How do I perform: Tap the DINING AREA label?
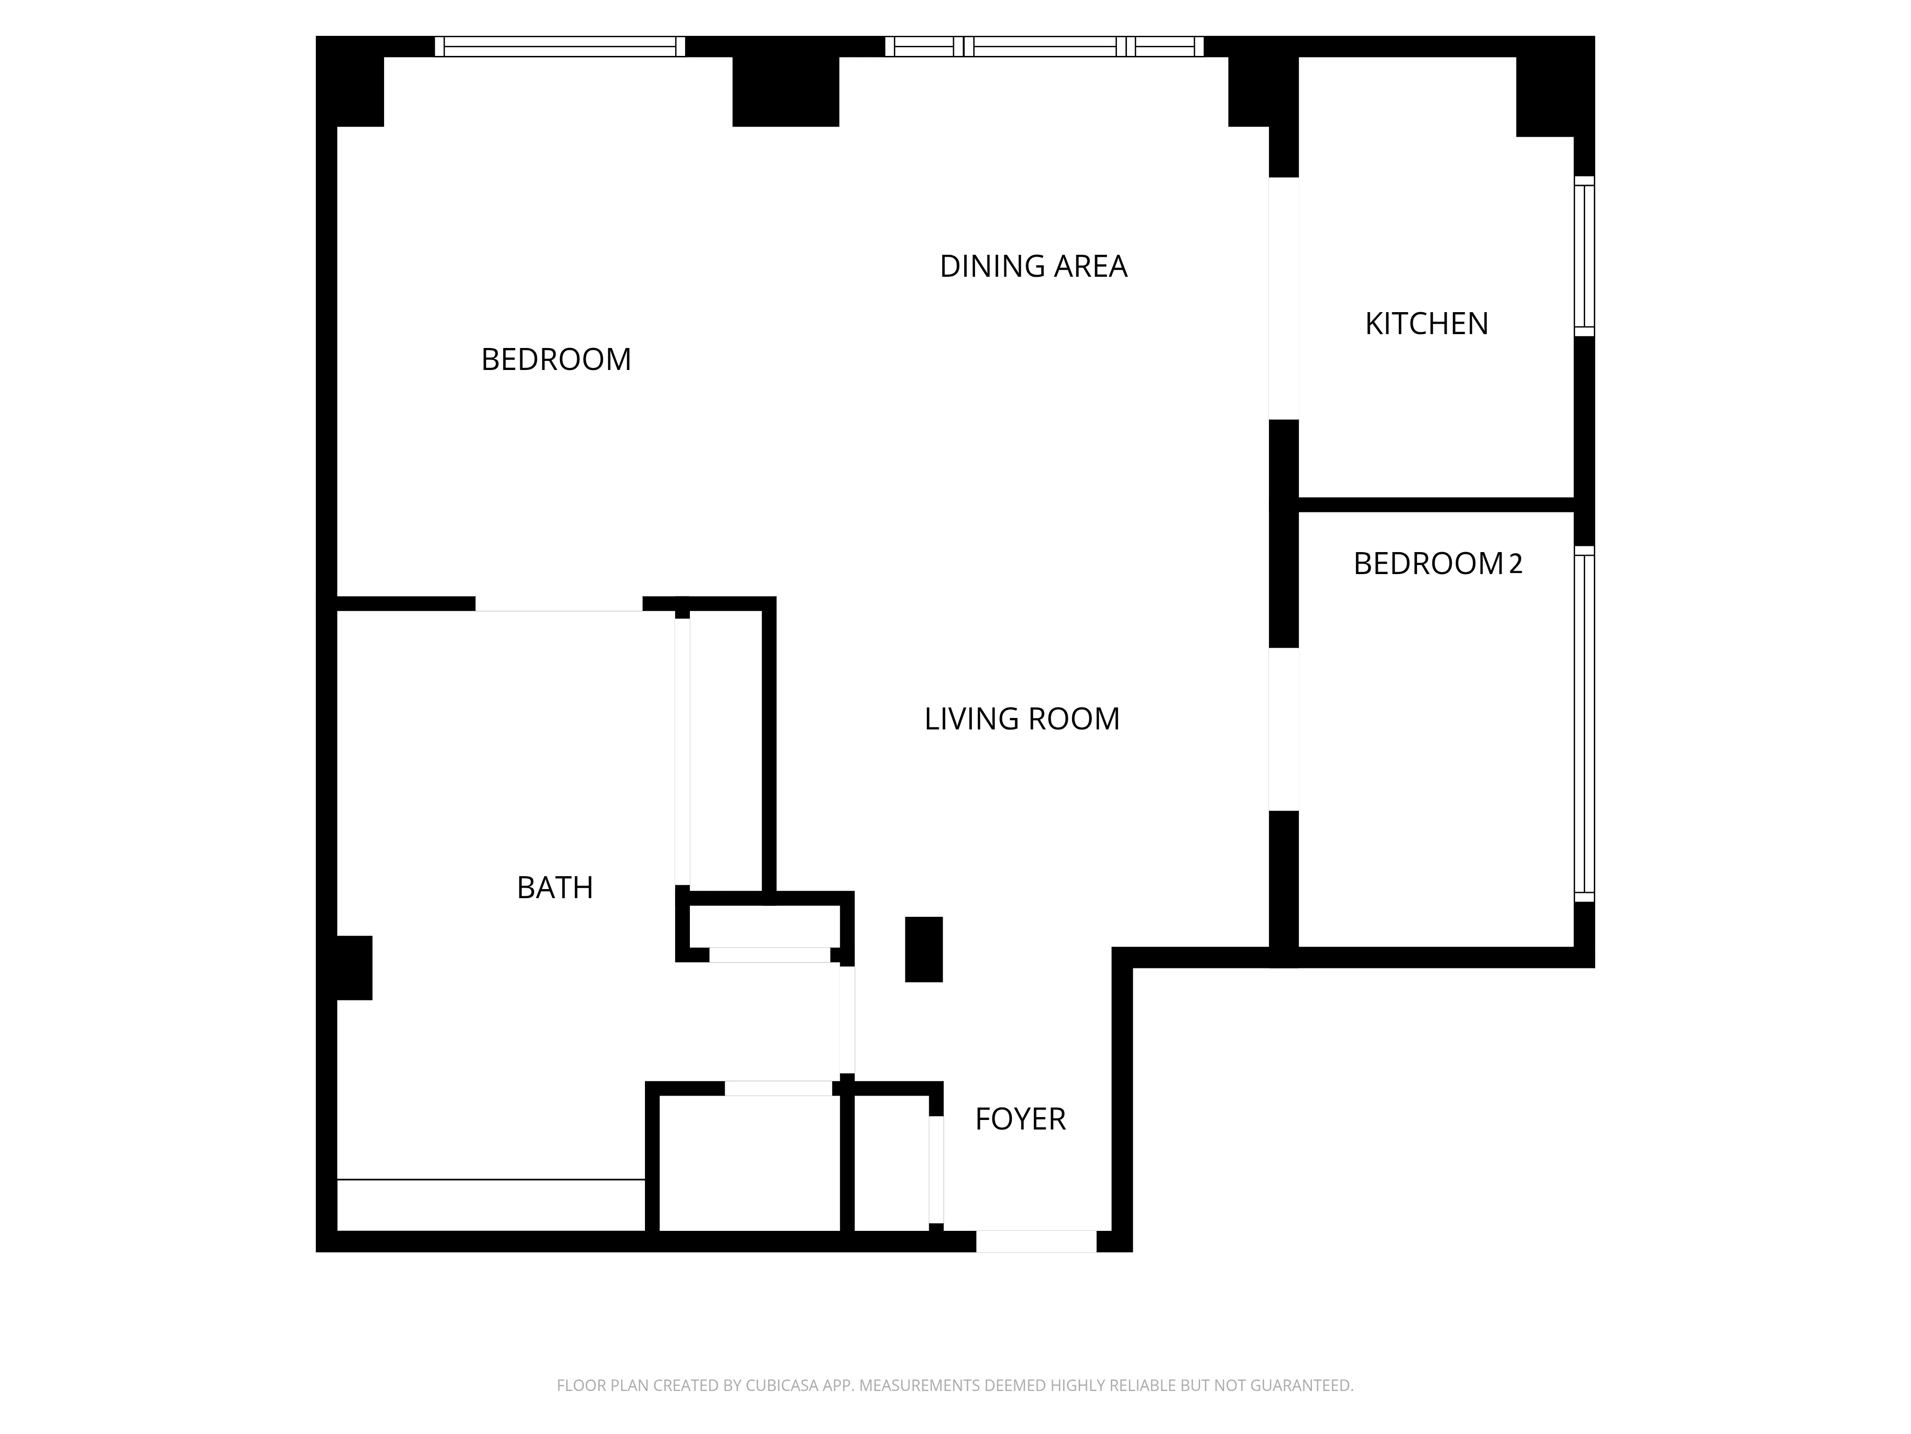pyautogui.click(x=1033, y=266)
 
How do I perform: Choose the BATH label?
pyautogui.click(x=555, y=888)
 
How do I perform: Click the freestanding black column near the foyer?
pyautogui.click(x=923, y=949)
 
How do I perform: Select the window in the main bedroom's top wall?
pyautogui.click(x=560, y=47)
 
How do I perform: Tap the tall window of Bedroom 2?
pyautogui.click(x=1584, y=724)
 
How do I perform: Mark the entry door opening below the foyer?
pyautogui.click(x=1036, y=1241)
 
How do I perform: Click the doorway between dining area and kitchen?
pyautogui.click(x=1283, y=298)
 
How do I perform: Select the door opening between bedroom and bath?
pyautogui.click(x=559, y=603)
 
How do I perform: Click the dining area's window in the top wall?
pyautogui.click(x=1043, y=47)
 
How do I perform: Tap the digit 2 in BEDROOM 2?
pyautogui.click(x=1515, y=564)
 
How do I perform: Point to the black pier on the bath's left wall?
pyautogui.click(x=354, y=968)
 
